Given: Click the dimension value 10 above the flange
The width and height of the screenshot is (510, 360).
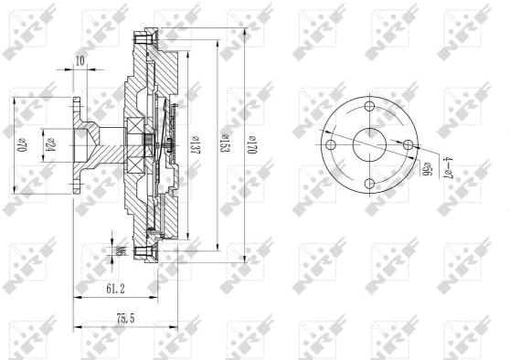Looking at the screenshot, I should pos(80,60).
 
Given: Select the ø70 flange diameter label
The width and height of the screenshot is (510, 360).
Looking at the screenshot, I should pos(20,145).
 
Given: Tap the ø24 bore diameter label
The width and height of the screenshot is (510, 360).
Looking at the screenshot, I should pos(51,145).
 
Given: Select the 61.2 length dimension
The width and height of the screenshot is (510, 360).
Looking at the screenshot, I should pos(113,290).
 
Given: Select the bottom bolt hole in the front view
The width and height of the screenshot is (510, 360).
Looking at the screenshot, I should pos(369,185).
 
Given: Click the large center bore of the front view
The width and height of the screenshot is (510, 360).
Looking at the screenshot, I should pos(369,144).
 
